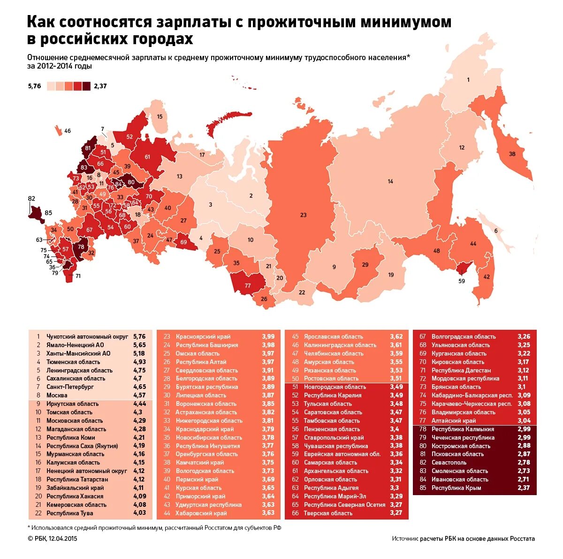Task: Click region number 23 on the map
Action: (x=303, y=215)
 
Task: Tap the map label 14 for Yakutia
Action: (x=390, y=181)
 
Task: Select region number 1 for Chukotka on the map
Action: (x=468, y=80)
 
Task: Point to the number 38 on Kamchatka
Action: (x=512, y=154)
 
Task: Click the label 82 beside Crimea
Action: (x=31, y=198)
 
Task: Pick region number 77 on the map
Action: (x=248, y=286)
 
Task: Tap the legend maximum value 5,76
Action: (x=35, y=86)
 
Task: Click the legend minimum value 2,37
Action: (x=100, y=86)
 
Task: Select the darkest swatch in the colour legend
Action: (x=86, y=86)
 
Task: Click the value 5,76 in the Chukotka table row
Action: (x=139, y=337)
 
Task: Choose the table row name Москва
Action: (x=57, y=396)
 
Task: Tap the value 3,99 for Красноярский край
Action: (x=268, y=337)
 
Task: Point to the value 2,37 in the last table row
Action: (x=524, y=488)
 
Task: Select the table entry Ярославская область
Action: (x=333, y=337)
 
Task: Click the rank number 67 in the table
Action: (x=422, y=337)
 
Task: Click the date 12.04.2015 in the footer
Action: (x=62, y=539)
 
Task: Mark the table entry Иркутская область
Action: (x=72, y=404)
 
